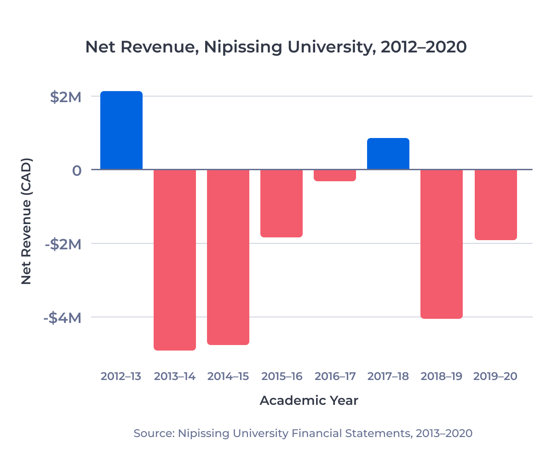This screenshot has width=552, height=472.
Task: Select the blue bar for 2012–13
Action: coord(121,130)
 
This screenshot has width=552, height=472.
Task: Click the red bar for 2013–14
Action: coord(175,259)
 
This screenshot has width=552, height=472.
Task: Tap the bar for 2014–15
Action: coord(228,257)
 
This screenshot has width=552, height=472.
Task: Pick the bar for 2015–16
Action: coord(282,203)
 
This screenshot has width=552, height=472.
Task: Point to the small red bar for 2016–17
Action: coord(335,175)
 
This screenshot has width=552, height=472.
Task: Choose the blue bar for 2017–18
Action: coord(388,154)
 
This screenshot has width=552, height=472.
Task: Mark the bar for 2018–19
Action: coord(442,244)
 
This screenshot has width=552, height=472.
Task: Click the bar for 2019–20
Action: coord(495,205)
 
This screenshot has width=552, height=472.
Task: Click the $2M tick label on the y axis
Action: coord(65,97)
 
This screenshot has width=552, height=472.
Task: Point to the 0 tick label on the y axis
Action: coord(76,171)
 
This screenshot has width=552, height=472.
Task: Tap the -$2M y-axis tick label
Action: coord(63,244)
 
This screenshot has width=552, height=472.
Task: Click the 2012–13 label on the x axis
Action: coord(121,376)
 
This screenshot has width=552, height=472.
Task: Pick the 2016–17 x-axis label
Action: coord(335,376)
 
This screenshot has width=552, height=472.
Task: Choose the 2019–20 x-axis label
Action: coord(495,376)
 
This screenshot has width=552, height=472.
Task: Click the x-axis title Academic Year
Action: coord(309,400)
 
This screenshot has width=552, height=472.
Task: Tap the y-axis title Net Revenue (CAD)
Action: coord(26,221)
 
